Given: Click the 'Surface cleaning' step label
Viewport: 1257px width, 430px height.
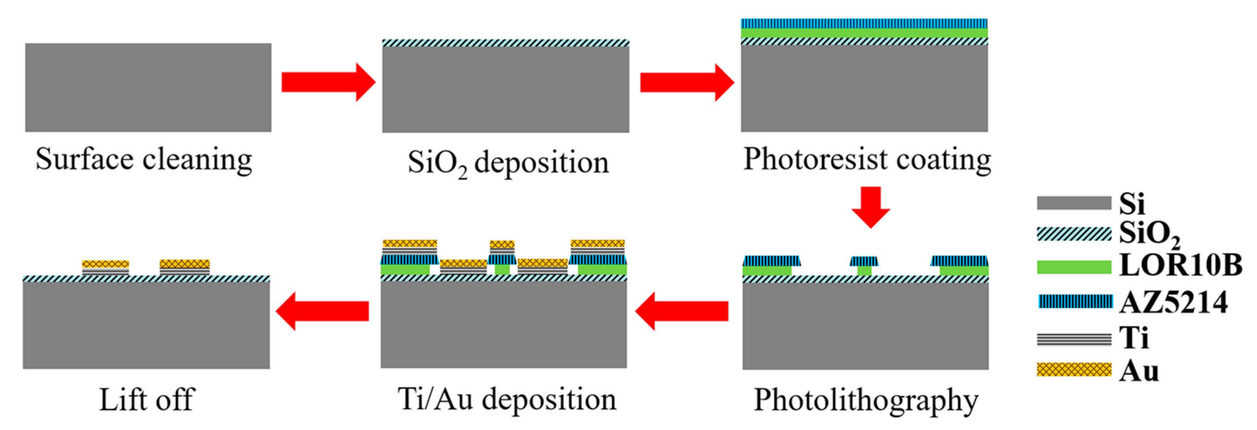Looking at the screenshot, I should click(x=144, y=159).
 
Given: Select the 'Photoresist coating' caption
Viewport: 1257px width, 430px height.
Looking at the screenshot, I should click(x=867, y=159).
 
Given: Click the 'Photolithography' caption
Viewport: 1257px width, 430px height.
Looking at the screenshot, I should click(x=866, y=400).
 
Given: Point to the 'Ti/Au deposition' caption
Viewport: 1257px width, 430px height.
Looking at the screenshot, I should click(x=507, y=399).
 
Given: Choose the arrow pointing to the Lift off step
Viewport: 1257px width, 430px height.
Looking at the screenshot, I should click(x=323, y=311).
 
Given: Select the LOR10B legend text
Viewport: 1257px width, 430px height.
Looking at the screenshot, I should click(x=1180, y=266).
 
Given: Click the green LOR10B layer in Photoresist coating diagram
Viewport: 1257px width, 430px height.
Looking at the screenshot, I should click(x=864, y=33).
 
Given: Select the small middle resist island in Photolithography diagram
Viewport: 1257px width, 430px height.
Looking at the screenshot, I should click(x=864, y=265).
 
